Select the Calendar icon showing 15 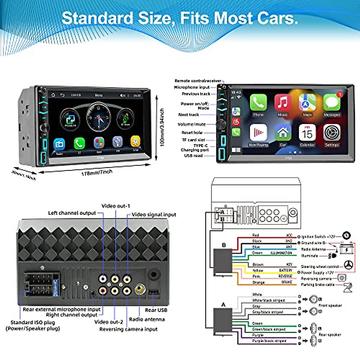pyautogui.click(x=307, y=132)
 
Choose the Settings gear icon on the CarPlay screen pyautogui.click(x=332, y=132)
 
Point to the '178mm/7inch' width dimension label pyautogui.click(x=97, y=172)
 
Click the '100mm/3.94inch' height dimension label pyautogui.click(x=162, y=127)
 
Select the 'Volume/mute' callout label pyautogui.click(x=191, y=124)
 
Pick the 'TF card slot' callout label pyautogui.click(x=193, y=140)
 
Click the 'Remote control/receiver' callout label pyautogui.click(x=198, y=81)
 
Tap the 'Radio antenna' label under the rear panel pyautogui.click(x=147, y=319)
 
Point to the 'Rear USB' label pyautogui.click(x=156, y=310)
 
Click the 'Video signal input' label pyautogui.click(x=154, y=214)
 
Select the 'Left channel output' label pyautogui.click(x=72, y=213)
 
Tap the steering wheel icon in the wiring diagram pyautogui.click(x=348, y=265)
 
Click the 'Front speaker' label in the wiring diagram pyautogui.click(x=330, y=305)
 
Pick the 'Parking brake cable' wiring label pyautogui.click(x=317, y=284)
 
